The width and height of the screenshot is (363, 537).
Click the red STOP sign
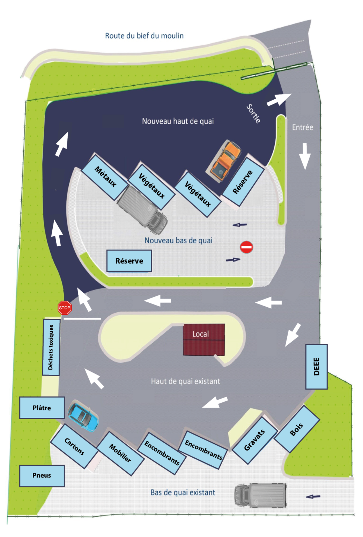coord(65,308)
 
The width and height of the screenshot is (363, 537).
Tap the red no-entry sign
coord(246,247)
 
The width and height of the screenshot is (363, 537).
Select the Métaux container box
coord(105,177)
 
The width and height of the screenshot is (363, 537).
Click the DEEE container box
coord(316,366)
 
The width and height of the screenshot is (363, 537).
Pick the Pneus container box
coord(42,475)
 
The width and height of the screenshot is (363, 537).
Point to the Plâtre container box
coord(42,408)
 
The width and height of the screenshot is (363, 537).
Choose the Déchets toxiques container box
coord(51,347)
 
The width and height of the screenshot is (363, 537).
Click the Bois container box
coord(297,429)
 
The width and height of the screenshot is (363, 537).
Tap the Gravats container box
coord(254,440)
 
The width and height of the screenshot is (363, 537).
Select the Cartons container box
coord(74,446)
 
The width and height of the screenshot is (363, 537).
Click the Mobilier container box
coord(120,453)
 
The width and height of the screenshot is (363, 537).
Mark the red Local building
coord(204,339)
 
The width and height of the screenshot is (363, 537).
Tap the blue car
coord(83,417)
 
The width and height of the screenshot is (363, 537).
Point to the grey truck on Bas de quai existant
coord(260,495)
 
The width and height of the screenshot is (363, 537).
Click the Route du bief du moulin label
coord(144,36)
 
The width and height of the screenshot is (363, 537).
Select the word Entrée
coord(302,127)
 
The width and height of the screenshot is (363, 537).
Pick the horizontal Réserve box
coord(129,261)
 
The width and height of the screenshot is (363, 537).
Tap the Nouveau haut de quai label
coord(178,121)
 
